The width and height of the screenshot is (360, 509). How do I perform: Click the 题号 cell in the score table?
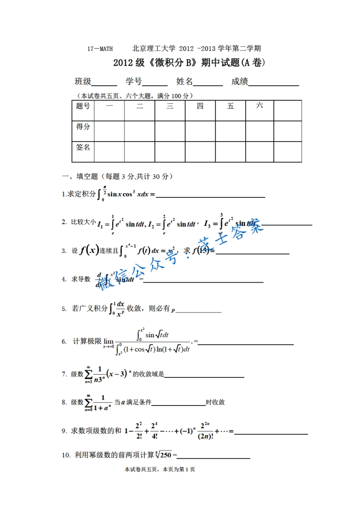tap(83, 107)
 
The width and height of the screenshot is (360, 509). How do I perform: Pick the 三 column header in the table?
tap(170, 107)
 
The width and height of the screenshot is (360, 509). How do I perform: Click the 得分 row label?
tap(83, 127)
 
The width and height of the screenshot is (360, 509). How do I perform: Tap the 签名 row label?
tap(83, 147)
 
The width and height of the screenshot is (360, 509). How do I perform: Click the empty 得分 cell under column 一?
tap(109, 131)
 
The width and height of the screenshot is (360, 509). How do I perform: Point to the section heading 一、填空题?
tap(79, 176)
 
